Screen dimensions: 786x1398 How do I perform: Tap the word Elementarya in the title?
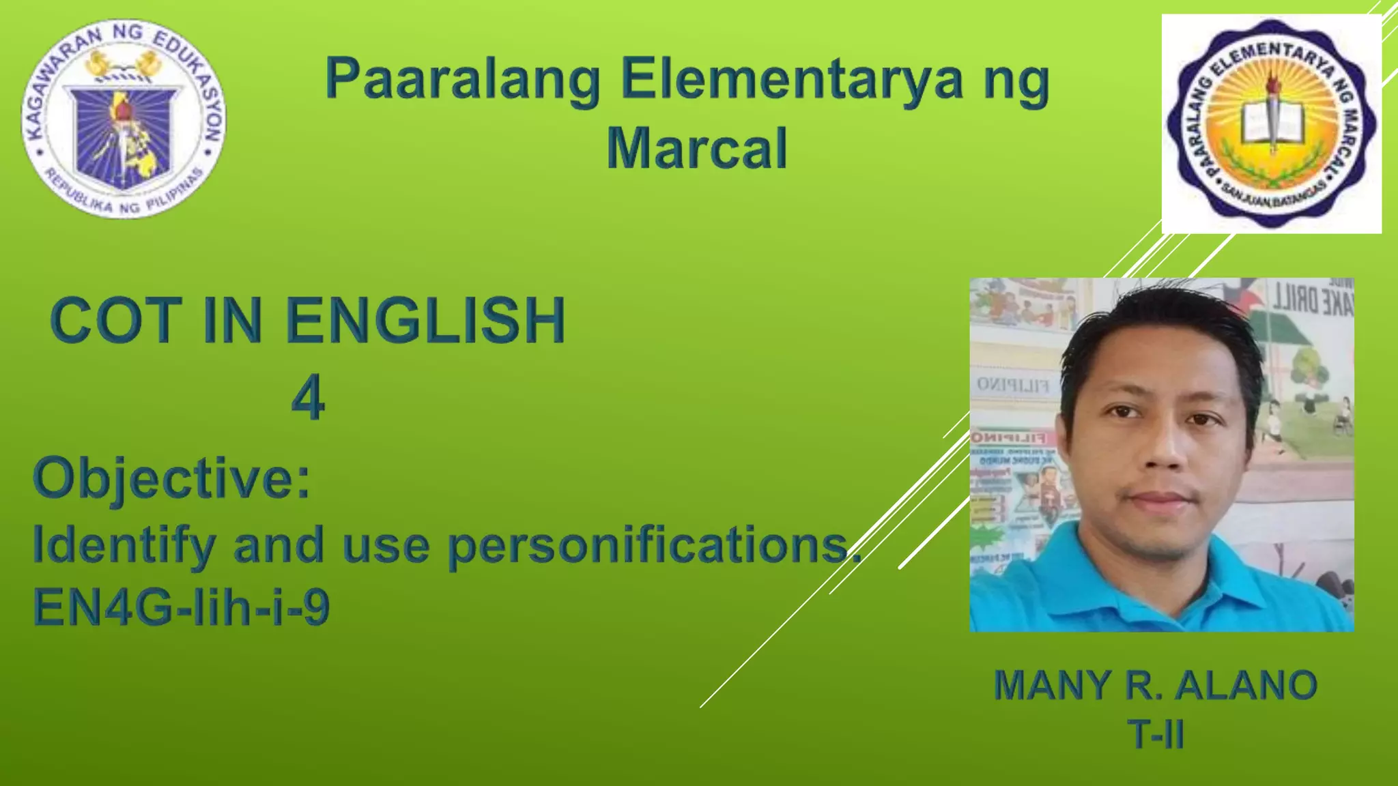792,81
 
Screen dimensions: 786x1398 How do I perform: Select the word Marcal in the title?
697,149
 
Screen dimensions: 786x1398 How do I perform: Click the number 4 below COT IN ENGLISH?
308,398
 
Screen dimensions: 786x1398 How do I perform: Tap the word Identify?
124,546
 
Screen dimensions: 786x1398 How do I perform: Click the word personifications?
652,546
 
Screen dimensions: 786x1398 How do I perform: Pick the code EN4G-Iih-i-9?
182,607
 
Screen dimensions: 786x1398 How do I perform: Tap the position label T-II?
1156,735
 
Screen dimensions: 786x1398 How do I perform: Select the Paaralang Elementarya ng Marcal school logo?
1271,123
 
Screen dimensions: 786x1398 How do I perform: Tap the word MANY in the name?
1051,685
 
